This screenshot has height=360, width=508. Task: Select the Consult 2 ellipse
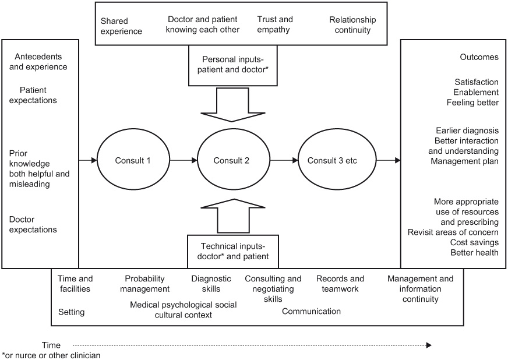tap(231, 160)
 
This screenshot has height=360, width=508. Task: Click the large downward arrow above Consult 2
tap(232, 105)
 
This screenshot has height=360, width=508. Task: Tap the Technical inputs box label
tap(231, 251)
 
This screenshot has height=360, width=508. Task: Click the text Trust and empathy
tap(273, 25)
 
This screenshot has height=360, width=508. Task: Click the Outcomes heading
tap(479, 57)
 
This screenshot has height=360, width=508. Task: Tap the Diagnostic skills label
tap(211, 284)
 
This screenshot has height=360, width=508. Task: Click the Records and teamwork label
tap(340, 284)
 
